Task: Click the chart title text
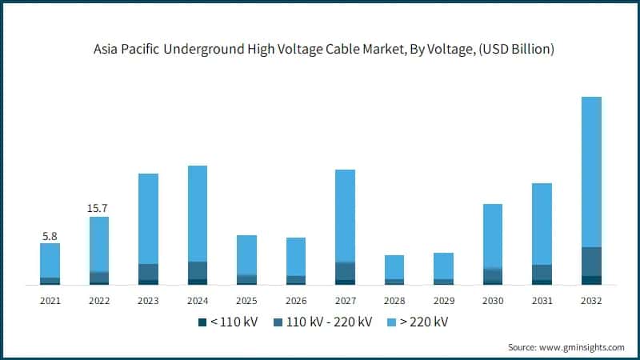[x=320, y=50]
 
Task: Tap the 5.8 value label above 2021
[x=50, y=236]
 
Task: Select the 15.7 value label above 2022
[x=99, y=208]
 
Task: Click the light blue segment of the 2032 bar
[x=591, y=172]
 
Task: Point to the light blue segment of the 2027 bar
[x=345, y=215]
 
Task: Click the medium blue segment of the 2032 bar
[x=591, y=262]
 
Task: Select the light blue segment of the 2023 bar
[x=148, y=218]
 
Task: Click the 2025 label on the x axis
[x=246, y=301]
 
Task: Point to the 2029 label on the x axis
[x=443, y=301]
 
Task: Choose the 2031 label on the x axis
[x=542, y=301]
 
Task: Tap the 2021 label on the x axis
[x=50, y=301]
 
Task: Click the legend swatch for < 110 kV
[x=202, y=322]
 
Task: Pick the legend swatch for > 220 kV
[x=391, y=322]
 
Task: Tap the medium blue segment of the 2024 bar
[x=198, y=270]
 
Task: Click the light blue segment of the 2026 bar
[x=296, y=256]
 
